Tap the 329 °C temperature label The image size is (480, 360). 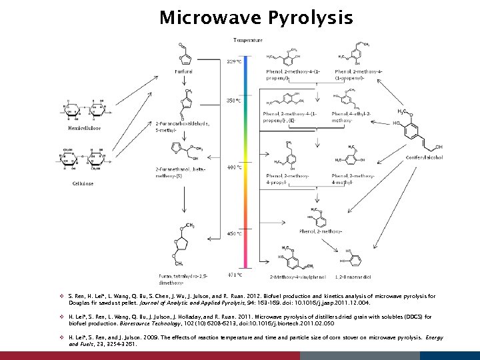click(234, 61)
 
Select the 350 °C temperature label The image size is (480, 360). click(234, 101)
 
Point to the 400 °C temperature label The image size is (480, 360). click(234, 167)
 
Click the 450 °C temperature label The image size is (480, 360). click(234, 234)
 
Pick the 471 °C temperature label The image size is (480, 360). click(234, 274)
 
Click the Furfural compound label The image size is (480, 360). click(184, 71)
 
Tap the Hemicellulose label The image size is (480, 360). click(84, 128)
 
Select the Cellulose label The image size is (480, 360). click(83, 183)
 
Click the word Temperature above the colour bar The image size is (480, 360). click(247, 40)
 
